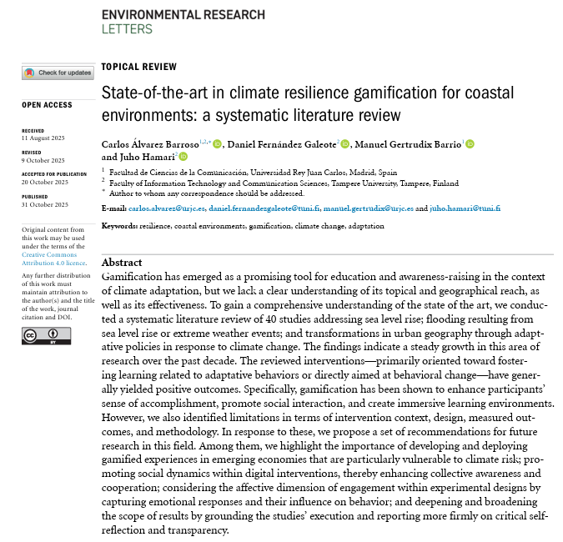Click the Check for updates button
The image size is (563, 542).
click(58, 73)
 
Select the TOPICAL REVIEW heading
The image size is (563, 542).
click(138, 67)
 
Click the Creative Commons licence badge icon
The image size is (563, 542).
click(46, 335)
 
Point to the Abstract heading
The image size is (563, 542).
click(122, 262)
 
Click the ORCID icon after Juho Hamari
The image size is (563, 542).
click(183, 157)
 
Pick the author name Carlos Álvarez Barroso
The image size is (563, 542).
click(154, 144)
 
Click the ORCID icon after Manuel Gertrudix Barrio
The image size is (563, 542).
click(469, 144)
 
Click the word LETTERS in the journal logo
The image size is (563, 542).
click(127, 28)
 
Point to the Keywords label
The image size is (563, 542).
click(117, 226)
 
